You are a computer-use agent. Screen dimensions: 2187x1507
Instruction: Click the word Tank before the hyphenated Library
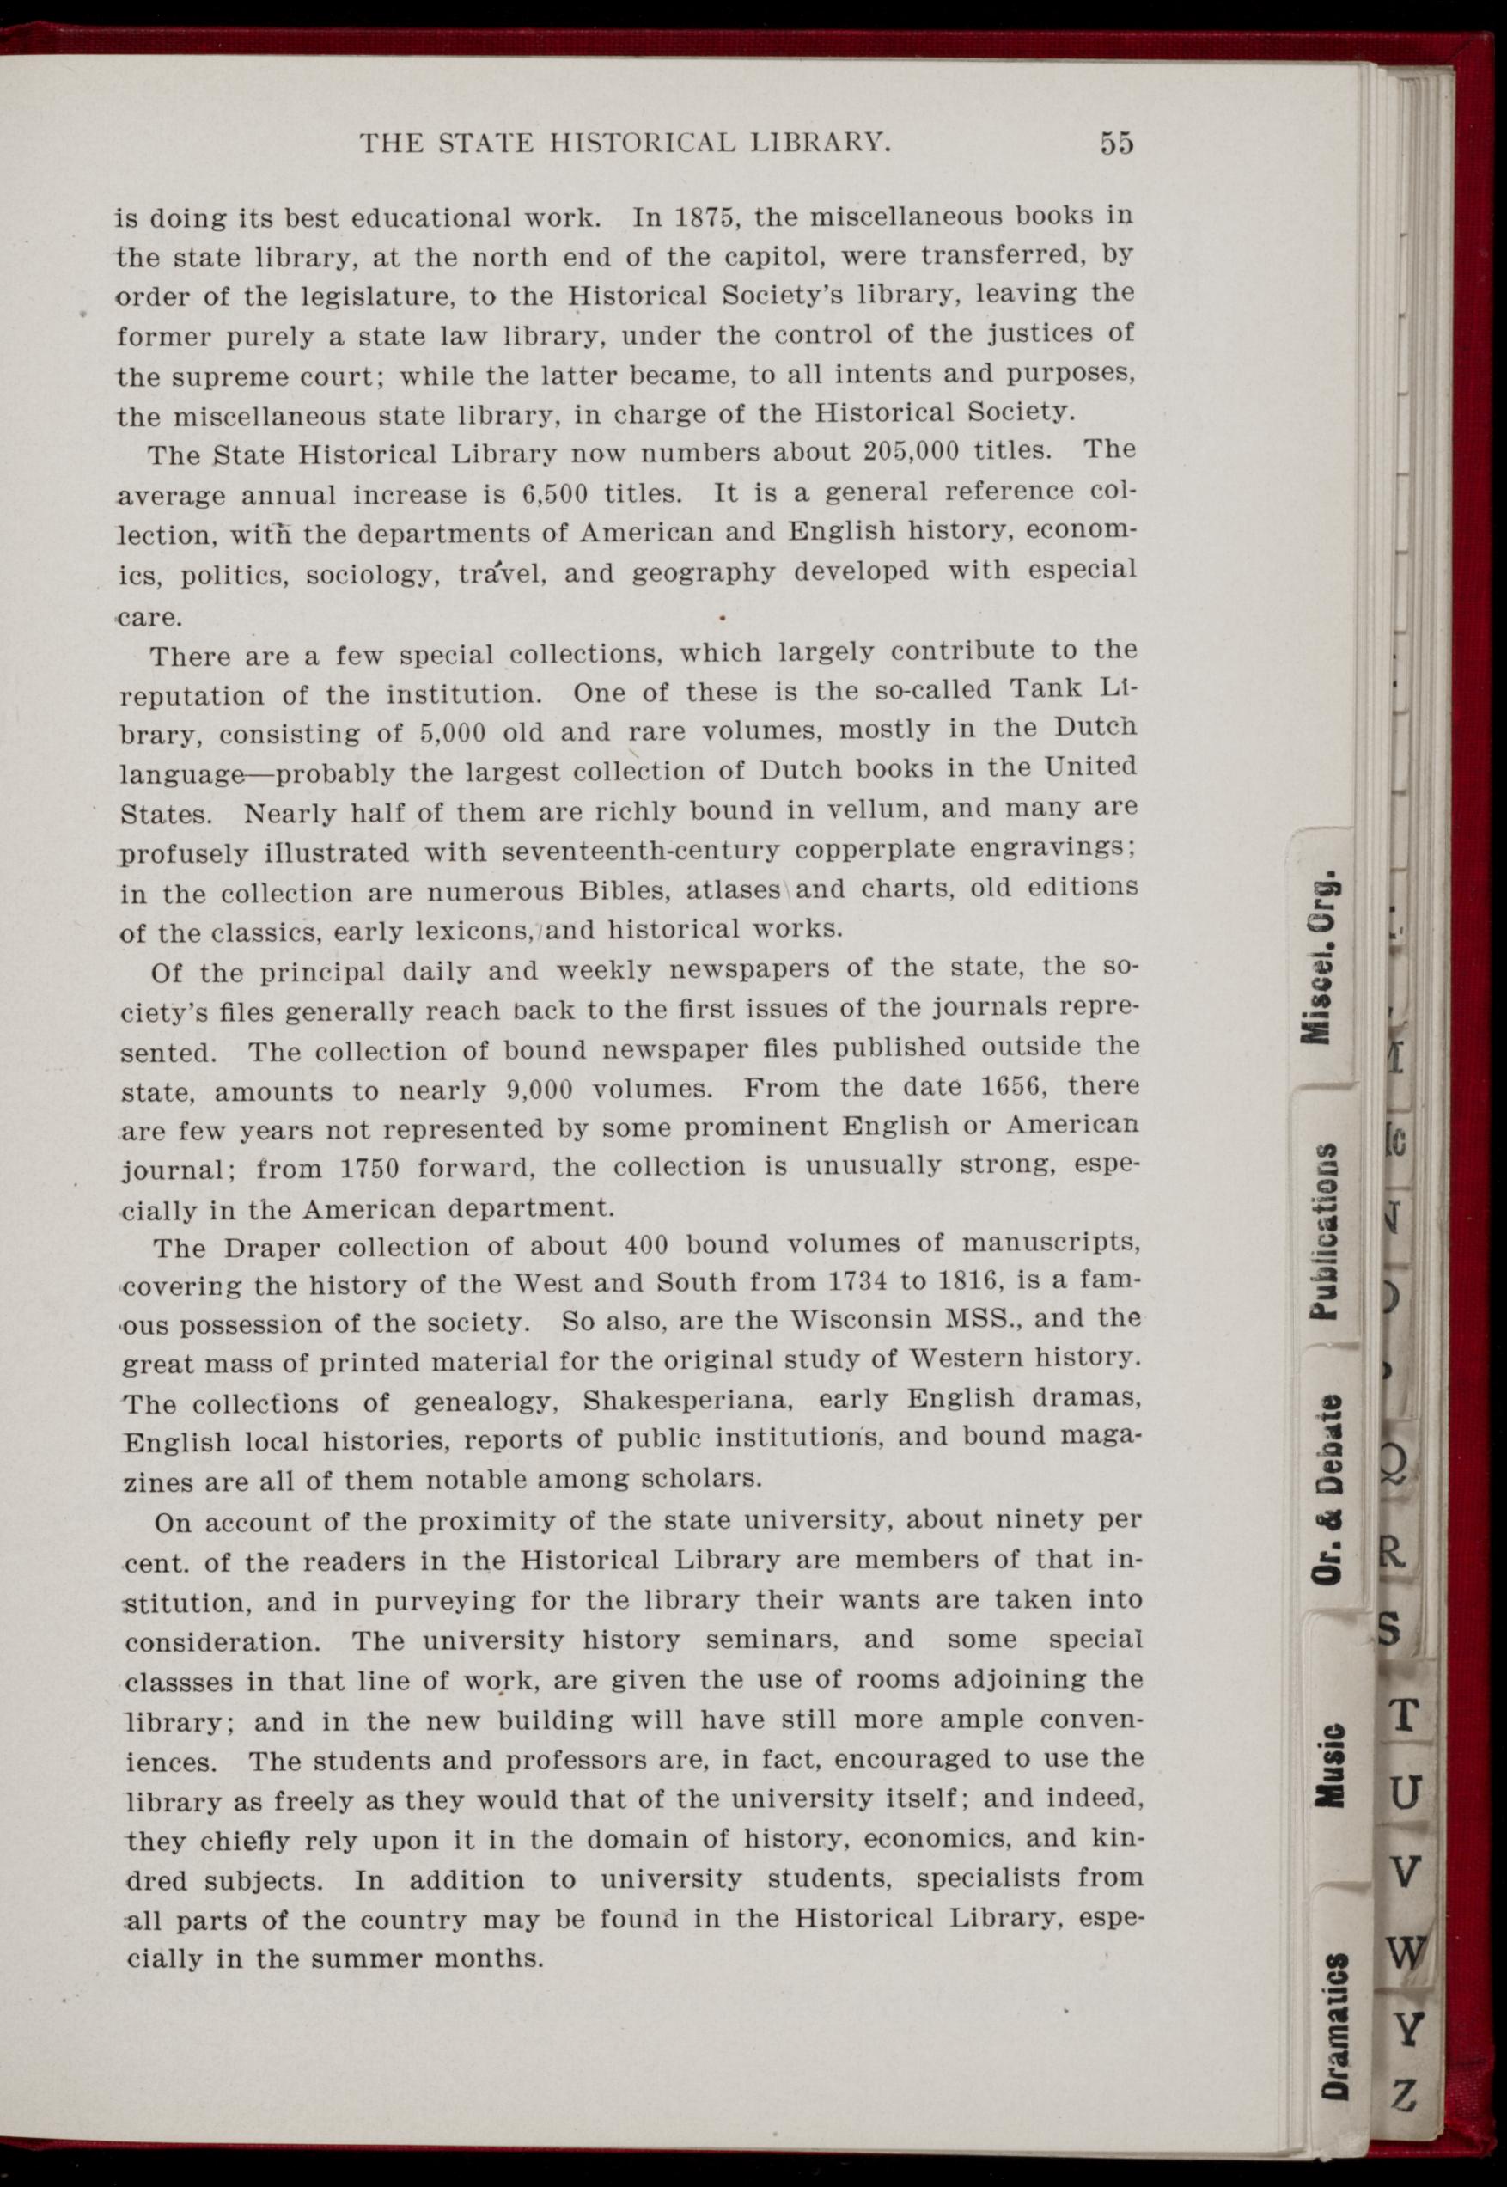(1047, 689)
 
